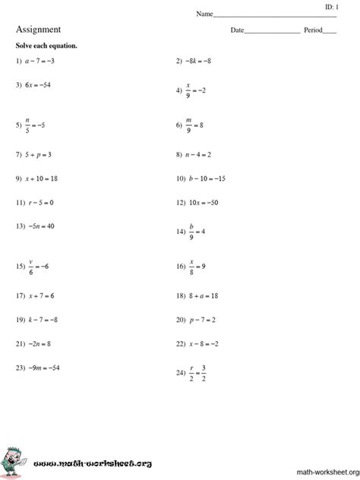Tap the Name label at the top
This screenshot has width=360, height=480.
(204, 14)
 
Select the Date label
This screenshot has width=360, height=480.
(238, 31)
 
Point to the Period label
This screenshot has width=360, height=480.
(313, 31)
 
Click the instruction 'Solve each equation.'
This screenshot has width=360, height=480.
(46, 46)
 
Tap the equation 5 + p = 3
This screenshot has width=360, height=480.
(39, 154)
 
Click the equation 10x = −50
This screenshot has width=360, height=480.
(204, 203)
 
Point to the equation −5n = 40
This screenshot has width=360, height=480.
(42, 226)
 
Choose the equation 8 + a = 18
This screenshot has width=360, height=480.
(204, 295)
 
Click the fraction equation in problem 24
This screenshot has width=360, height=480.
(197, 373)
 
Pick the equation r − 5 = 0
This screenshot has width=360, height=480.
(39, 203)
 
